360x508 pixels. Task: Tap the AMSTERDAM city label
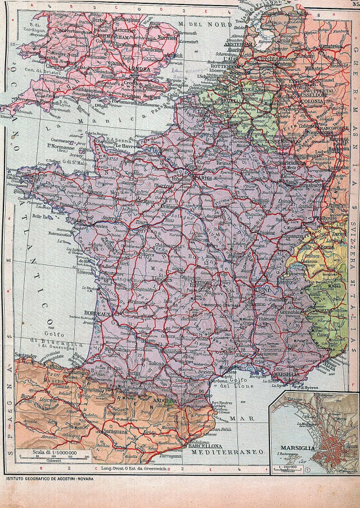(x=224, y=44)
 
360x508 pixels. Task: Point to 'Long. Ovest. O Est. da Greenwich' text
(x=134, y=468)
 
